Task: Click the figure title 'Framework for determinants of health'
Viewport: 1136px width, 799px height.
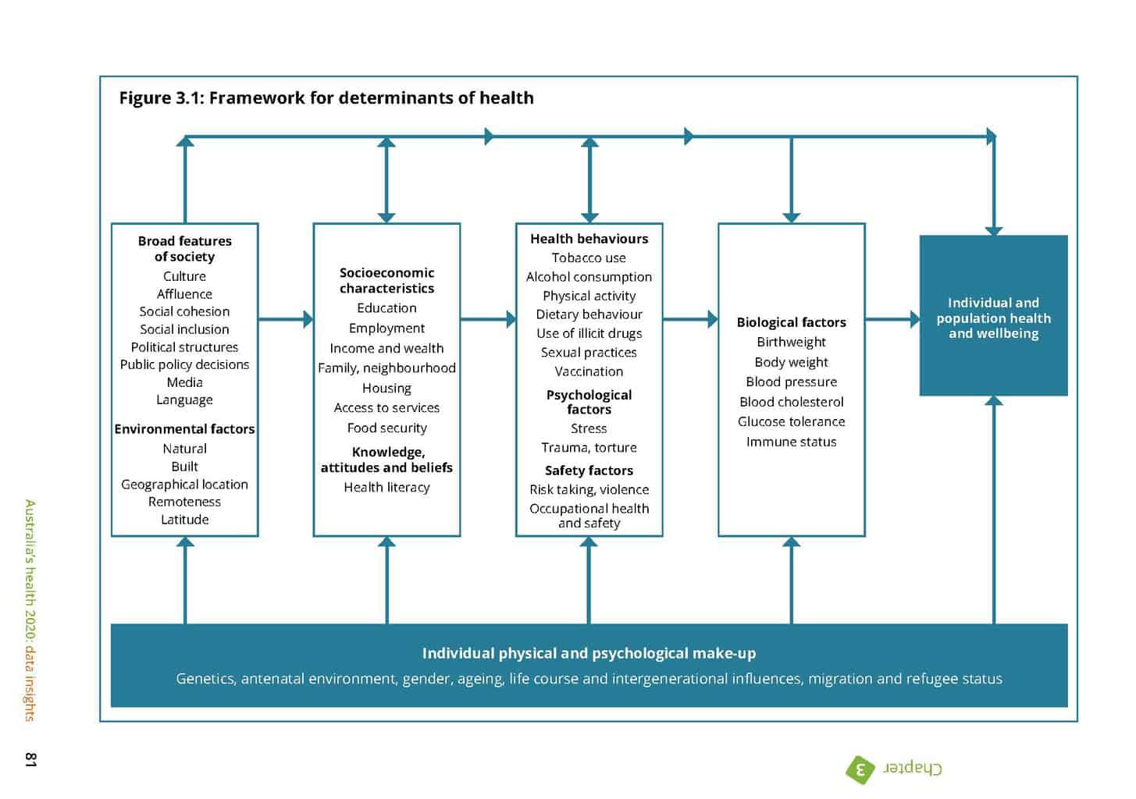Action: tap(326, 98)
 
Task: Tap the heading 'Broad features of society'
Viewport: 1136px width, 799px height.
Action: tap(184, 248)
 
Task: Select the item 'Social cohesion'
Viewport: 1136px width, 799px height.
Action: tap(184, 311)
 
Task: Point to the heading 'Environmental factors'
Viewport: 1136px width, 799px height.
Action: tap(184, 429)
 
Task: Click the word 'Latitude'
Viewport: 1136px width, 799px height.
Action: tap(184, 520)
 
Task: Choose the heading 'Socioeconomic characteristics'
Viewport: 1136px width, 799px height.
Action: tap(386, 280)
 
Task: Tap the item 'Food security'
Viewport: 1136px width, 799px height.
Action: tap(386, 428)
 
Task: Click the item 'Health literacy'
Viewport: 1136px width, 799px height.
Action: tap(386, 488)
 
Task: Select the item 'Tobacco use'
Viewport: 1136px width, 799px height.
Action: tap(589, 258)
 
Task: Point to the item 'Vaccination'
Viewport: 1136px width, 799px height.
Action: tap(589, 371)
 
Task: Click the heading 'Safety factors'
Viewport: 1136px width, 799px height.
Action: tap(589, 471)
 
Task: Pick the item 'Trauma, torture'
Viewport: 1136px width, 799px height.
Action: tap(589, 448)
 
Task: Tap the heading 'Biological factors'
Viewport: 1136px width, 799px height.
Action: tap(791, 322)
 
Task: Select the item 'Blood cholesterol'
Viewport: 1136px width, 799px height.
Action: tap(791, 402)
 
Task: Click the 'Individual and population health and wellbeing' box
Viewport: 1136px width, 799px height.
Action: tap(993, 316)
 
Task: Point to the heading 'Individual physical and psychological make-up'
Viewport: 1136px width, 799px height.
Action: tap(589, 653)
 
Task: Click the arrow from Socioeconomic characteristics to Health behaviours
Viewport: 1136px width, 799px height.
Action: tap(488, 319)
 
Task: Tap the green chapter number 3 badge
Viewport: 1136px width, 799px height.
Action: tap(860, 769)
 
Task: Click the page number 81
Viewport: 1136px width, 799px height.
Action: tap(30, 759)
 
